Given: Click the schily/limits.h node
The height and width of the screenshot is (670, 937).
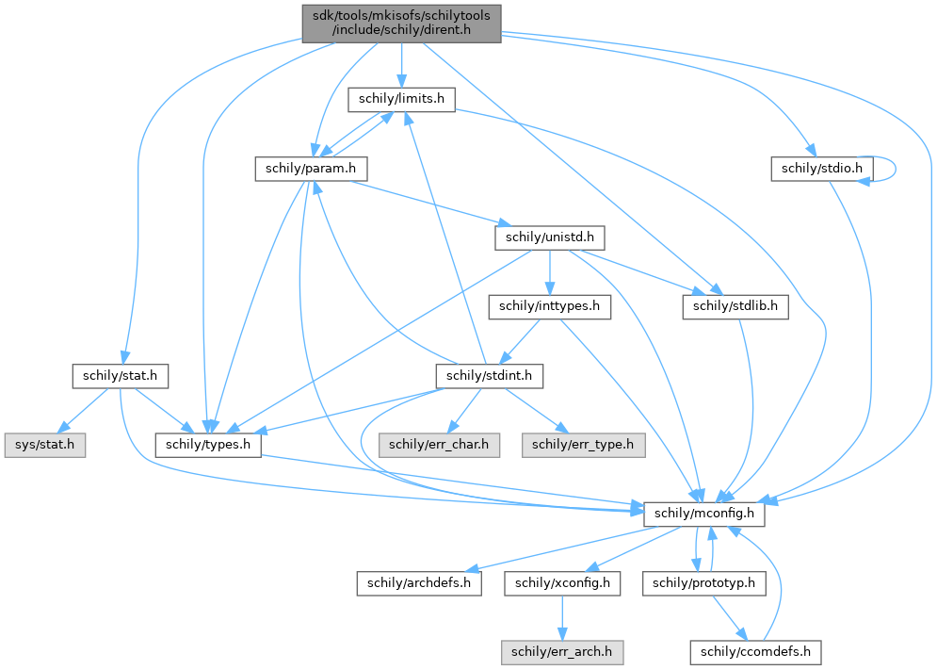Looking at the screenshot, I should point(402,98).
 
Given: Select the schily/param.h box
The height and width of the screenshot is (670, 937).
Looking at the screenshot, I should point(310,169).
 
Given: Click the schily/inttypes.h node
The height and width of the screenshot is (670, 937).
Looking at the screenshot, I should point(549,306).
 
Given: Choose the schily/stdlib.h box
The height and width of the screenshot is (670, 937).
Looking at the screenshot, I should point(735,306).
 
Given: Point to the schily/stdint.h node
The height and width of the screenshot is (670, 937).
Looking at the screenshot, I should point(490,376).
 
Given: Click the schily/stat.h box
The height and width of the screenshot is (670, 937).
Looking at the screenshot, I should point(120,376).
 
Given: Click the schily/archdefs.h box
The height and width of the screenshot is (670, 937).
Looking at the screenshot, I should point(419,583).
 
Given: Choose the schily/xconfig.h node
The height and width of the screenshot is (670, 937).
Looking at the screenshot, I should point(562,583).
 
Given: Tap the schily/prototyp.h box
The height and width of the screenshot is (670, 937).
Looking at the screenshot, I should point(703,583).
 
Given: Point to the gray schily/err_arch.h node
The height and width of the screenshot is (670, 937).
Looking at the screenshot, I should point(562,652).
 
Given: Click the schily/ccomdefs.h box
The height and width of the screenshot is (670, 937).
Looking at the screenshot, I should point(756,652).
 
